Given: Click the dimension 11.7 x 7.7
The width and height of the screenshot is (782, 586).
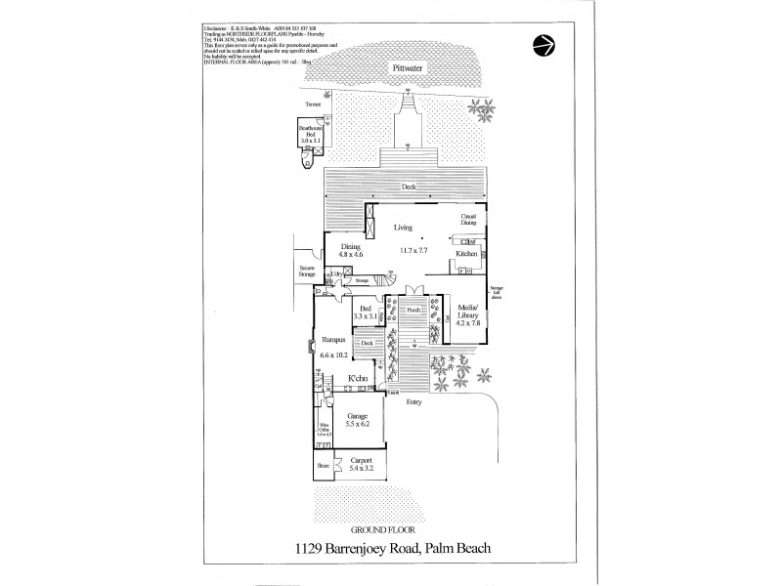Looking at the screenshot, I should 414,251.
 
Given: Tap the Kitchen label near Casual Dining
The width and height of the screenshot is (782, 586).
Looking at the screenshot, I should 466,254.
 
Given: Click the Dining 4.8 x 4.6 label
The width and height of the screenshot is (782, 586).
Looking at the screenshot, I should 350,252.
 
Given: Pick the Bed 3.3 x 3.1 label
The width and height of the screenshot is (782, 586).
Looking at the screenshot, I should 367,314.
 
